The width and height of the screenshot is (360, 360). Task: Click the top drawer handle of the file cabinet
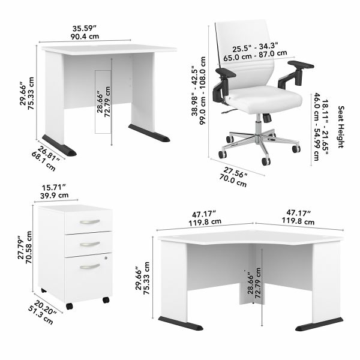coord(89,222)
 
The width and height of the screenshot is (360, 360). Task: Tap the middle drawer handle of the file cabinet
coord(89,243)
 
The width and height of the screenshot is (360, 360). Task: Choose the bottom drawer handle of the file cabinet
coord(89,265)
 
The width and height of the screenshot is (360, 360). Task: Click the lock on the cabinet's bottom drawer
coord(106,257)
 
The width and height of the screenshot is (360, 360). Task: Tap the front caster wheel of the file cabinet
coord(70,307)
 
